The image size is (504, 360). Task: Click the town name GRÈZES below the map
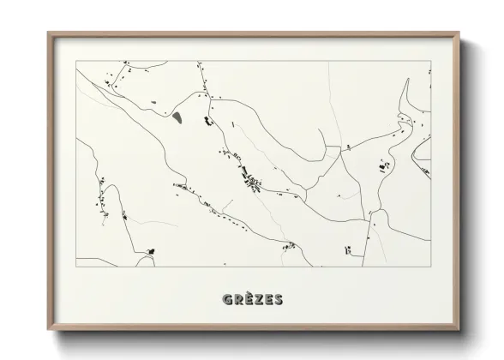(x=252, y=299)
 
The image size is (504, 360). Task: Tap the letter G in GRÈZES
(x=227, y=299)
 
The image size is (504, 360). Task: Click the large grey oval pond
(x=177, y=116)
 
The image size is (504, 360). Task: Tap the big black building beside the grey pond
(x=207, y=121)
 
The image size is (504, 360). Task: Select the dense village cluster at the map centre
(x=251, y=180)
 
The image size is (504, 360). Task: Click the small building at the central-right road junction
(x=348, y=148)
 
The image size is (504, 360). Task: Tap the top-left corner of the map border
(x=76, y=61)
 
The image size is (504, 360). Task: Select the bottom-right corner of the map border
(x=429, y=266)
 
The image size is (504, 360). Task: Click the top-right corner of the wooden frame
(x=459, y=33)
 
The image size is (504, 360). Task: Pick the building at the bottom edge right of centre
(x=350, y=251)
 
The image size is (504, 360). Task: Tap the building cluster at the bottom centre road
(x=289, y=246)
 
